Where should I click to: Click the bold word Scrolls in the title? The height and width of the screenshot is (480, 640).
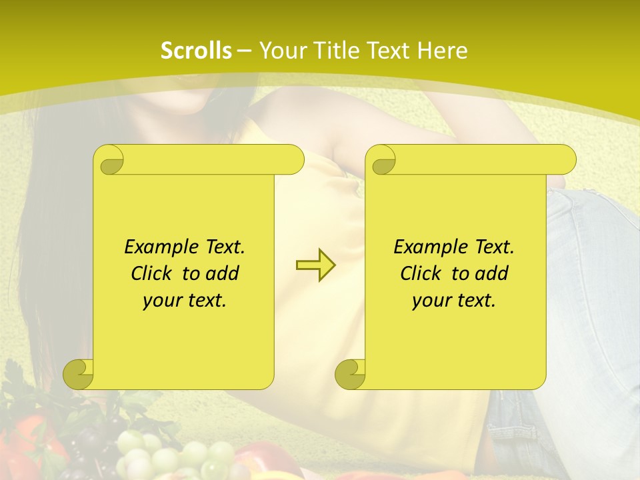tap(196, 51)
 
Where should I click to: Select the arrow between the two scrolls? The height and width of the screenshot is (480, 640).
tap(315, 265)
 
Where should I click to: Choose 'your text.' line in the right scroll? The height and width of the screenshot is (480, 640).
tap(454, 300)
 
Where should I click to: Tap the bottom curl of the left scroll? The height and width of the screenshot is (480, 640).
tap(79, 373)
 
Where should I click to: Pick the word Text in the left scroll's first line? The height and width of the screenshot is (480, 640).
tap(223, 247)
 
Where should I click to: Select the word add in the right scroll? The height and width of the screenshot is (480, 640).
tap(491, 273)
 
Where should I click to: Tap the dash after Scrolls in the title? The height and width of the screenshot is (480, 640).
tap(243, 51)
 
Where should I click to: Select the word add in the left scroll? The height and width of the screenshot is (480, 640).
tap(222, 273)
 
